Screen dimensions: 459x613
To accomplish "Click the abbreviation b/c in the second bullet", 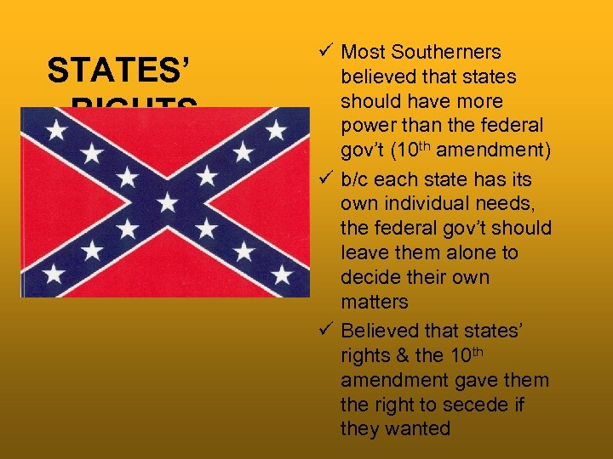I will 357,179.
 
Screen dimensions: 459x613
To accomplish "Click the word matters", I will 375,302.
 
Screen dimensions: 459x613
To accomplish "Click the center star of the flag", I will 167,202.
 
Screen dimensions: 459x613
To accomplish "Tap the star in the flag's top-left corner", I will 56,130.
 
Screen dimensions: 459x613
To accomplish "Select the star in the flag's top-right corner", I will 277,130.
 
